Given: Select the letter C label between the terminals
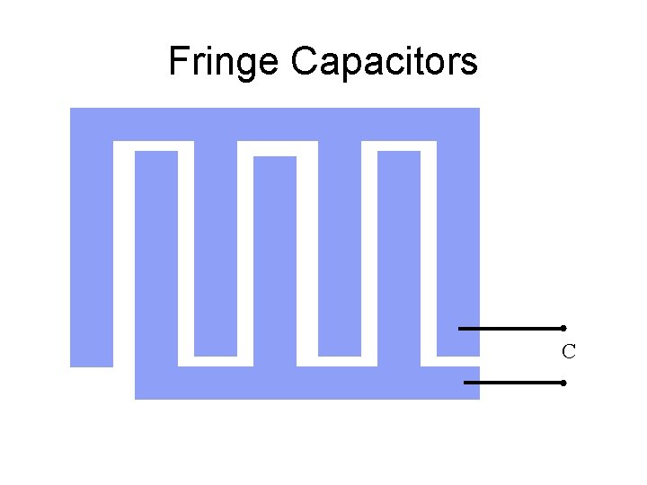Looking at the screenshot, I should tap(568, 352).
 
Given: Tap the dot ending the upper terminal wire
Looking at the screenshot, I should tap(563, 328).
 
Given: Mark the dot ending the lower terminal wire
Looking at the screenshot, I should tap(562, 383).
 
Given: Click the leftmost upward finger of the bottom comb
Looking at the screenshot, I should tap(156, 269).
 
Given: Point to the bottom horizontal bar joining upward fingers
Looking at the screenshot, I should tap(306, 384).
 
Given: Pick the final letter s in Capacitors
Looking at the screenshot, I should tap(470, 65).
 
